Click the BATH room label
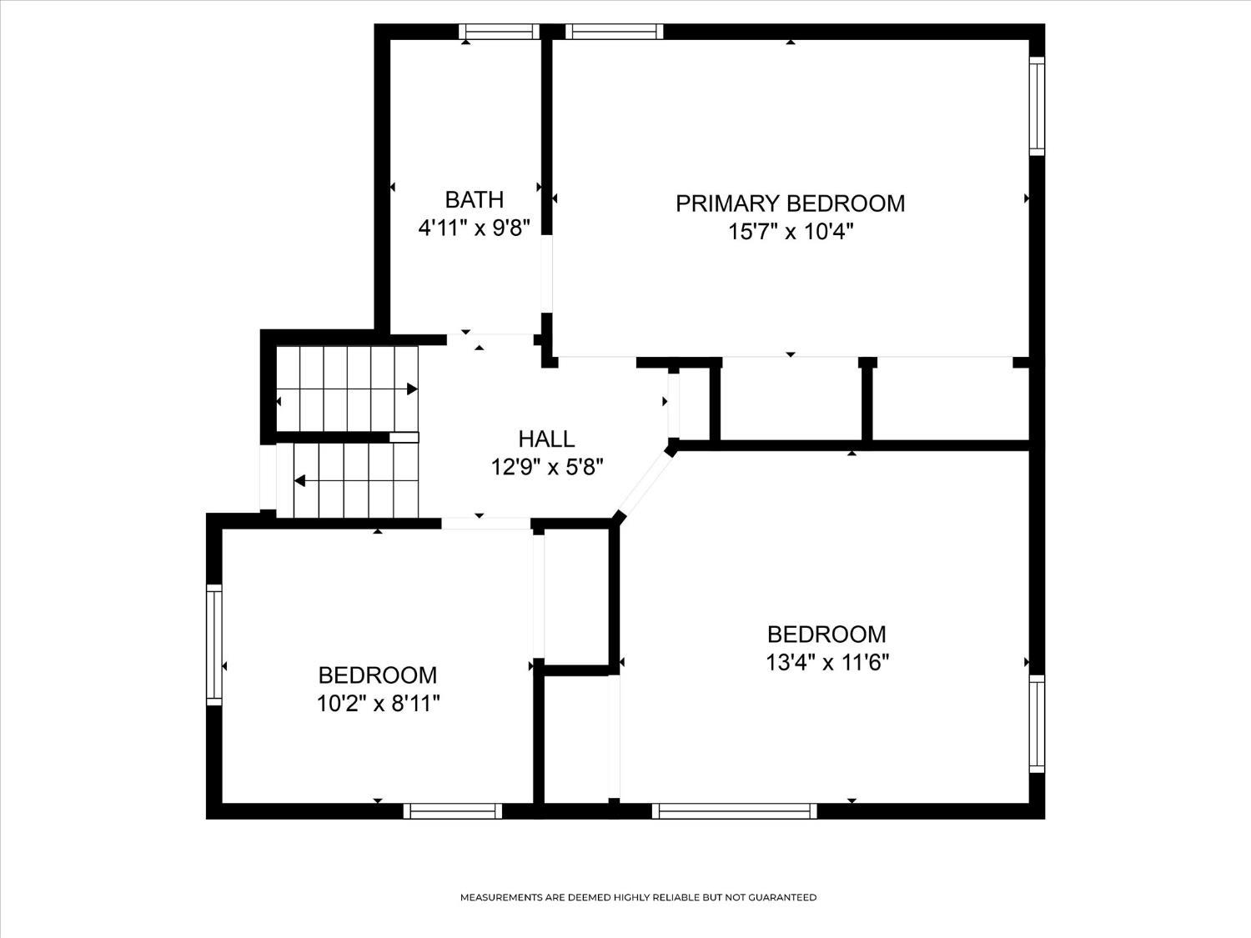point(475,200)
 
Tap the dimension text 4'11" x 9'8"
point(475,228)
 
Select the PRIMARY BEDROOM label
point(790,203)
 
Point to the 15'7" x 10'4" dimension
point(791,232)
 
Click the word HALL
point(546,439)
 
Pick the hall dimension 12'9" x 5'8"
point(546,468)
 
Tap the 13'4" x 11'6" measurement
point(827,663)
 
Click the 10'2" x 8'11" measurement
point(379,704)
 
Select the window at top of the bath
point(499,32)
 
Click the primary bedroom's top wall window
point(615,32)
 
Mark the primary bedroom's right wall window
point(1037,106)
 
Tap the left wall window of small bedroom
point(214,645)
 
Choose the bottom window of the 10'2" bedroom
point(453,811)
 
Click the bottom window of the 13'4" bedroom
point(734,811)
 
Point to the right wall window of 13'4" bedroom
point(1037,724)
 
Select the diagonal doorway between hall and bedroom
point(646,482)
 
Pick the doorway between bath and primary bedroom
point(546,274)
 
